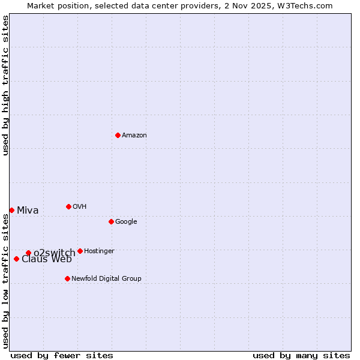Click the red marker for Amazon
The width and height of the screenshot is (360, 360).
118,135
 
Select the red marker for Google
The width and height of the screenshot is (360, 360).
111,221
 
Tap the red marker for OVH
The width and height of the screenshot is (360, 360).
68,206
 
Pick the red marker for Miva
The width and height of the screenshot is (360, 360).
11,210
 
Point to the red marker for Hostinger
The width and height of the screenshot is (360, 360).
80,251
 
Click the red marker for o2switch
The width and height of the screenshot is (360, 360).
28,253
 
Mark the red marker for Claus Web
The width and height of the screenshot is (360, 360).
16,259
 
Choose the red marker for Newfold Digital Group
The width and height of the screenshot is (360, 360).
67,278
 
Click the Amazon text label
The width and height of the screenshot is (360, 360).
134,136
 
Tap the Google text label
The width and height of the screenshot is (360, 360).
126,222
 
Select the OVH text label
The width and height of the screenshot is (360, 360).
80,207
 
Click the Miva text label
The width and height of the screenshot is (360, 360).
28,211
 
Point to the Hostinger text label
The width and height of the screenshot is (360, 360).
99,251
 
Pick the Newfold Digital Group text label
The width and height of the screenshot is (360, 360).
106,279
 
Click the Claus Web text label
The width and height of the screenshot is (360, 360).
47,260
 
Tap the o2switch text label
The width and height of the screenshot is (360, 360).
55,253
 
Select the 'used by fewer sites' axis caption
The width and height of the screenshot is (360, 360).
62,355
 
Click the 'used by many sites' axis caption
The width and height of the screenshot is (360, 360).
301,355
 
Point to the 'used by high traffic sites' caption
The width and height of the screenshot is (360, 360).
5,85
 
